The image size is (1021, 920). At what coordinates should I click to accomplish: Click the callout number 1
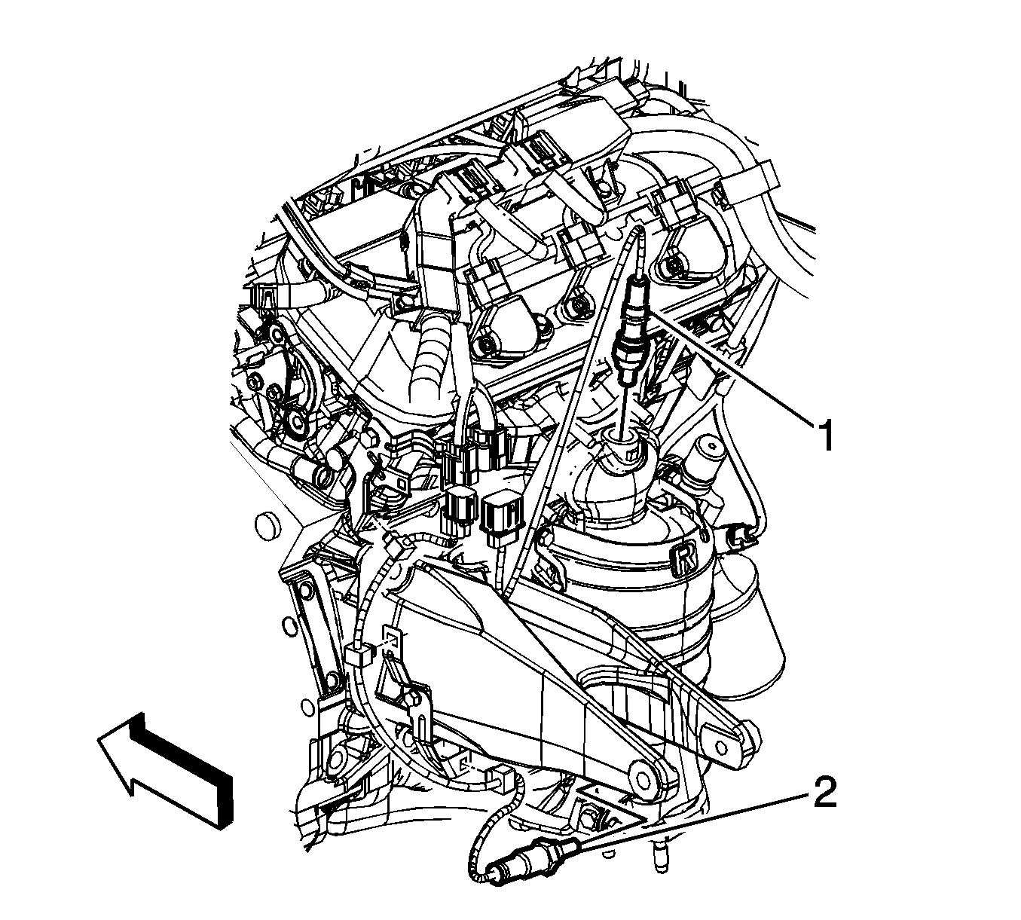click(824, 435)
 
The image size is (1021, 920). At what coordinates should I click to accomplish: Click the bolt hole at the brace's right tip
click(721, 747)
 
